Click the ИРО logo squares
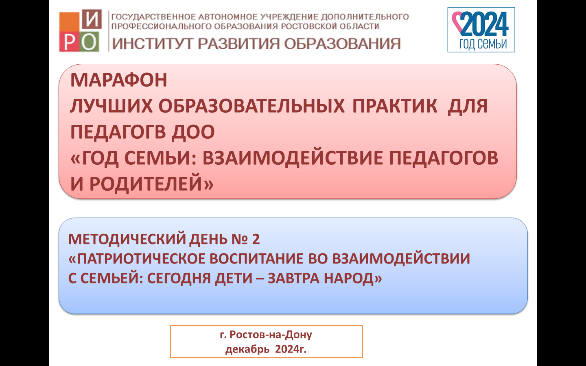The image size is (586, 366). [x=80, y=30]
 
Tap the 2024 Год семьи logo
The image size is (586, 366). [x=481, y=30]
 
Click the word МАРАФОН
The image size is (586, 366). [x=118, y=80]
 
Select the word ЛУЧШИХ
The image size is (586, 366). [x=111, y=106]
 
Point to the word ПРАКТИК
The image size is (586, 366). [x=395, y=106]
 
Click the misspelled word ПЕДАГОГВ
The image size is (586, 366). [x=118, y=132]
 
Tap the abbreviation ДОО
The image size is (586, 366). [x=193, y=132]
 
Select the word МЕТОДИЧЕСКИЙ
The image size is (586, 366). [x=127, y=239]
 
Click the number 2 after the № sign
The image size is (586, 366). [x=256, y=239]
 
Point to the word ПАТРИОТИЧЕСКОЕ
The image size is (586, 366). [x=142, y=259]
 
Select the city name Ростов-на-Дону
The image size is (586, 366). [x=271, y=335]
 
